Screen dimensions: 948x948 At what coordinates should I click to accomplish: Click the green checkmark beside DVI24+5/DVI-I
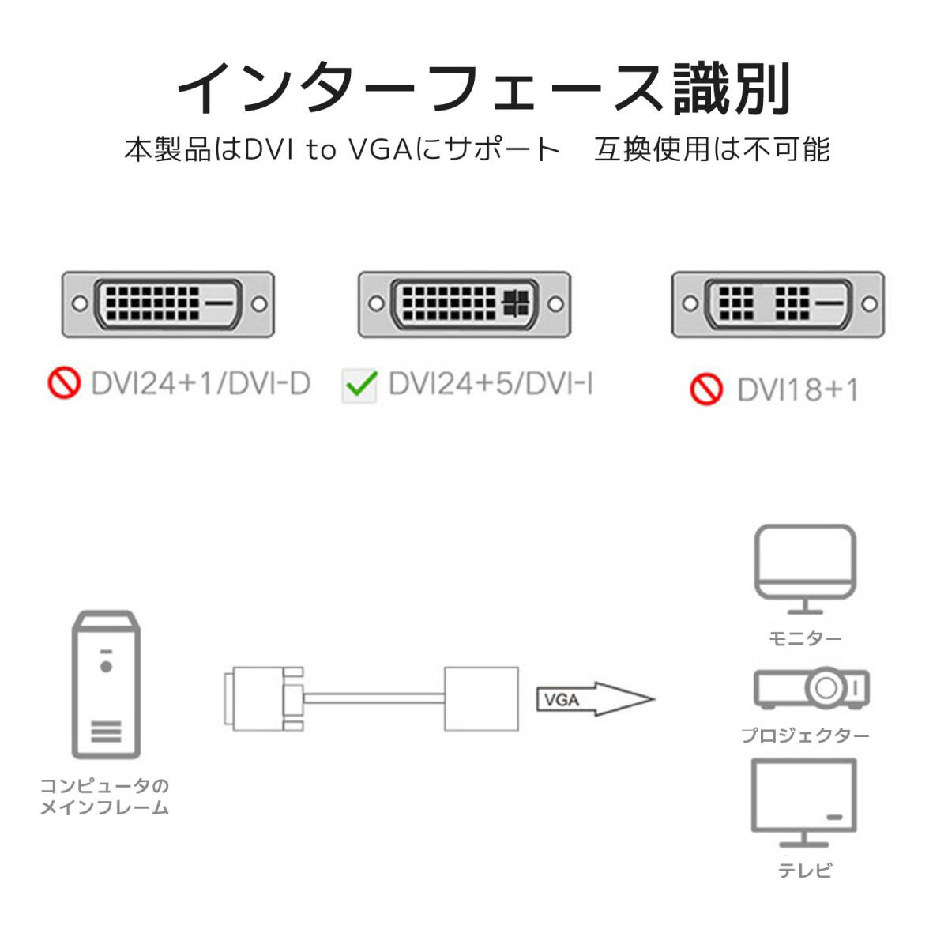361,386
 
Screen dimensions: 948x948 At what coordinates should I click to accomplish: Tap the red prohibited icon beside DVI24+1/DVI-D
64,384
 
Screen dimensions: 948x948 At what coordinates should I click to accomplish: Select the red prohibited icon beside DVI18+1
706,389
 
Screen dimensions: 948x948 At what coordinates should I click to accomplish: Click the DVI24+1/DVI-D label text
201,384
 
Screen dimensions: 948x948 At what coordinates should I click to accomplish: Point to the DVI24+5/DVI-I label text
491,385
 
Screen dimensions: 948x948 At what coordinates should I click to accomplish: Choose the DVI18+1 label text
797,390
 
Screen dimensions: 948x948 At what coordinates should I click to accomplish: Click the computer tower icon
107,685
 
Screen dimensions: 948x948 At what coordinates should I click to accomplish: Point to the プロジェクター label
805,735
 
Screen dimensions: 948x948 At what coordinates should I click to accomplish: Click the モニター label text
805,638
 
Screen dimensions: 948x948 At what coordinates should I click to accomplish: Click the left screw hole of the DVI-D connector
78,303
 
